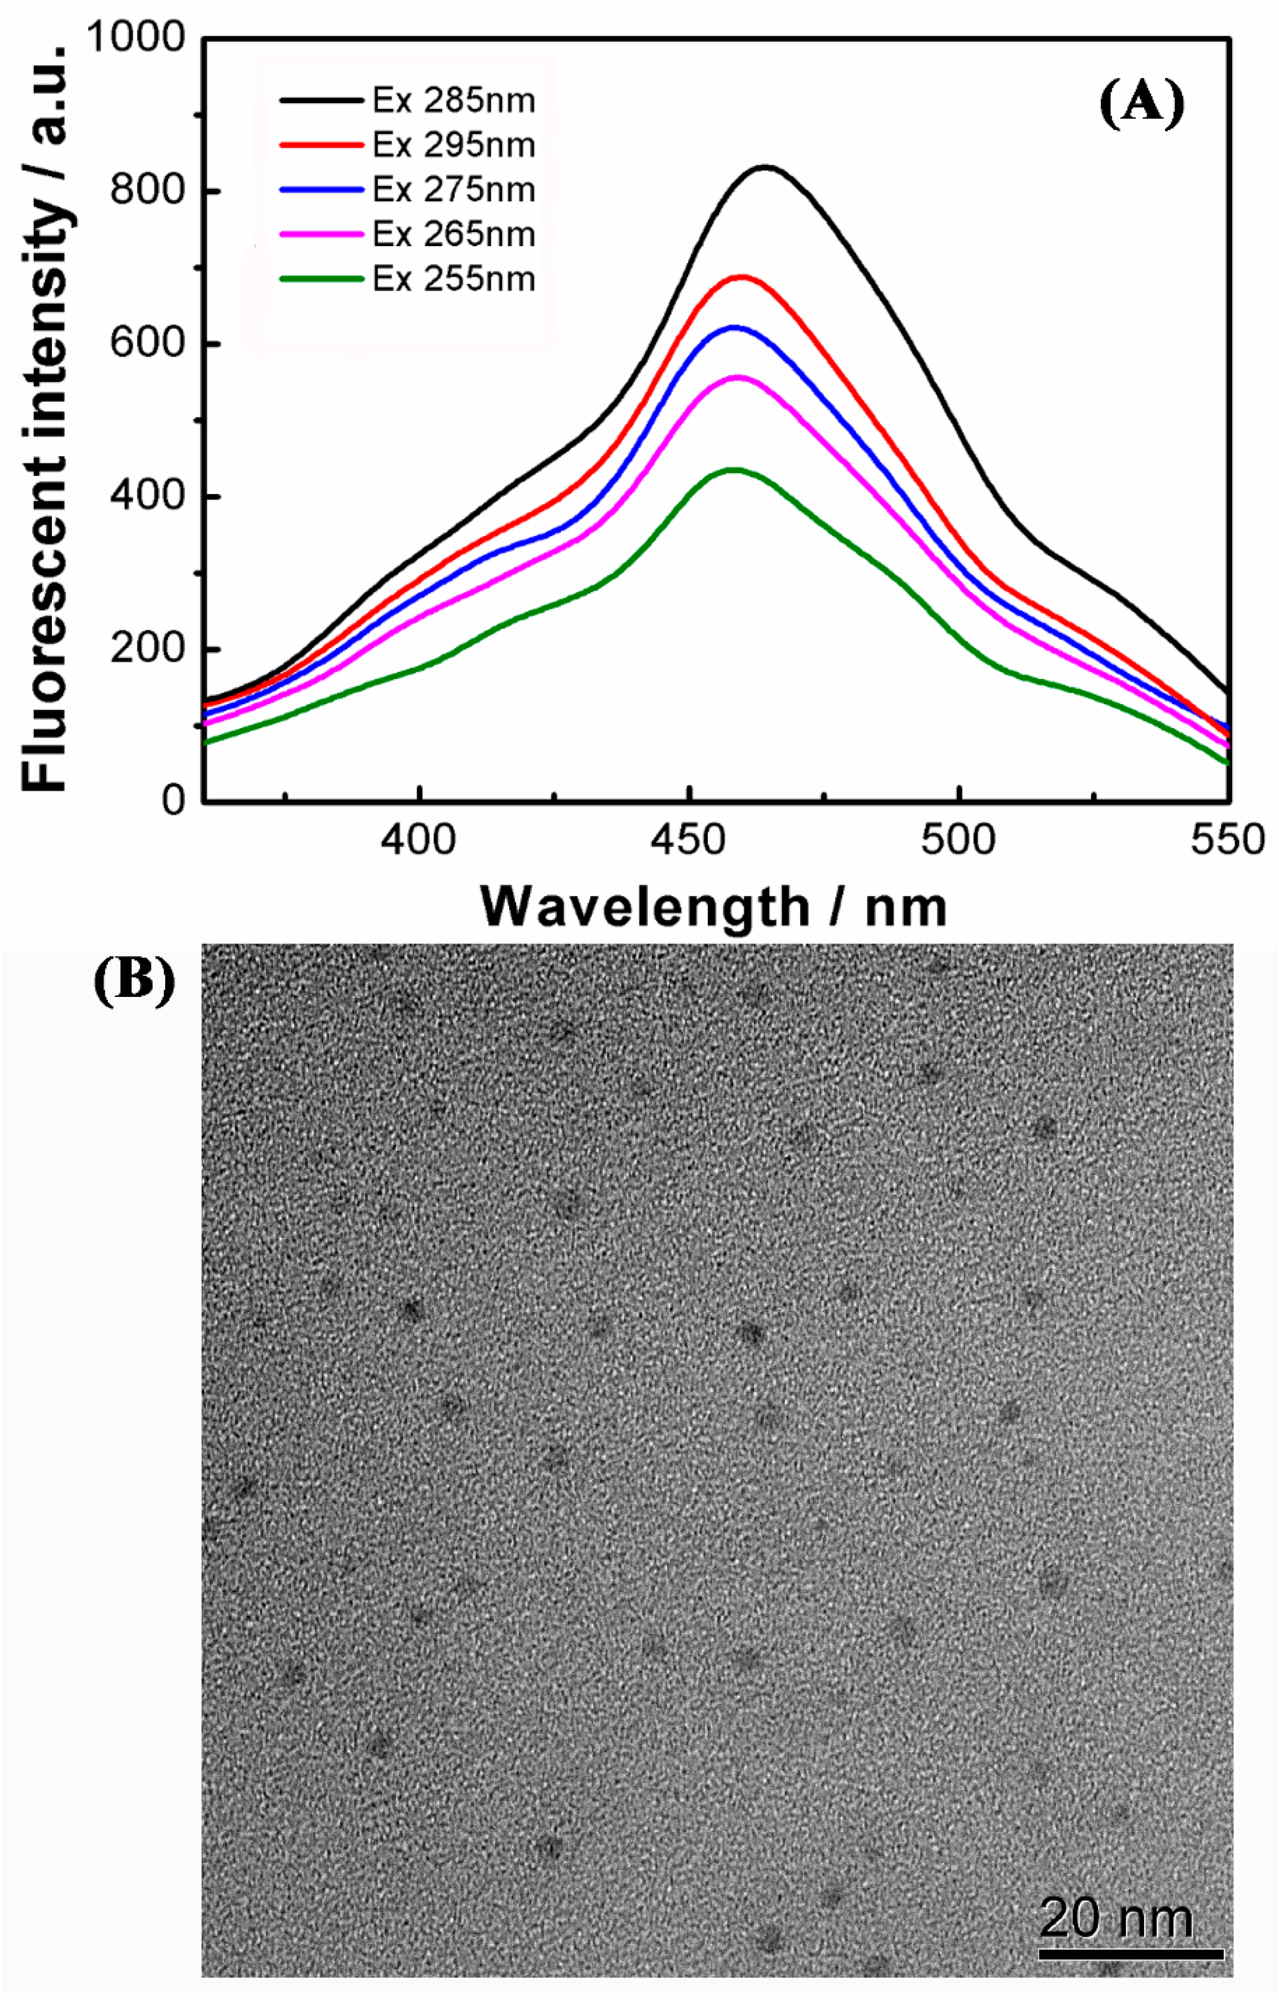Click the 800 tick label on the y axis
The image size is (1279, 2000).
coord(148,192)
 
